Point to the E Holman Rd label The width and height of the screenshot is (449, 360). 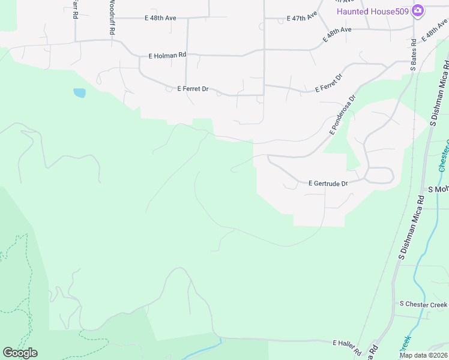point(167,55)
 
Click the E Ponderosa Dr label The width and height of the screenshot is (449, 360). point(342,113)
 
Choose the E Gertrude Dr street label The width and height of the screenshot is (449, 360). point(328,183)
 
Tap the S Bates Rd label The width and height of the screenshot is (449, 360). point(414,55)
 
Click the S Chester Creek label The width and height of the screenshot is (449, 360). point(423,304)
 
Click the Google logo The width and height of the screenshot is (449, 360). point(20,353)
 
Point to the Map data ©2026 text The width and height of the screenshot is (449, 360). point(423,355)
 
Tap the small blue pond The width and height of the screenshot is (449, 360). point(79,93)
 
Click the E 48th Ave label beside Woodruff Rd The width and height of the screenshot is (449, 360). point(160,18)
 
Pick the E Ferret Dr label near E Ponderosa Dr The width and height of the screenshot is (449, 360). point(329,83)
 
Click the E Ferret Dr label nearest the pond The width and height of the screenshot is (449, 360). point(193,89)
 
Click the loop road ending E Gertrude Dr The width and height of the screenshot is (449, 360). point(380,175)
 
